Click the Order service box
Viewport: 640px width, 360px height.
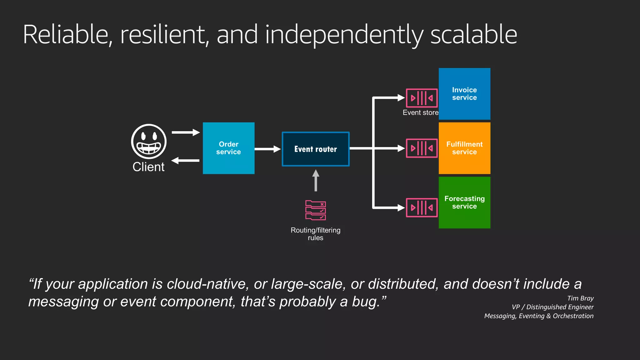228,148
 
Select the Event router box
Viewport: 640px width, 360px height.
316,149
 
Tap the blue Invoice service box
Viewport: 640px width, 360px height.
464,94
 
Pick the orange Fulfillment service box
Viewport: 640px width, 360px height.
464,148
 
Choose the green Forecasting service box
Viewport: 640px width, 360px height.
464,202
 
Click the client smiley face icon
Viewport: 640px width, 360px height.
149,142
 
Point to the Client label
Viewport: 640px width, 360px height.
148,167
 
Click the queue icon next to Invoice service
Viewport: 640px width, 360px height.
422,98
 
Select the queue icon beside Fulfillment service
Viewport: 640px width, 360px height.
422,148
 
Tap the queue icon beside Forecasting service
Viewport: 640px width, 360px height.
422,207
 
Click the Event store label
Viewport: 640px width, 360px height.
420,112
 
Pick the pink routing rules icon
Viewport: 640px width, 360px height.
316,210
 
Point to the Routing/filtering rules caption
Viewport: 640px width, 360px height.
316,234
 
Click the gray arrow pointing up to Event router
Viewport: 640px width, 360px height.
316,181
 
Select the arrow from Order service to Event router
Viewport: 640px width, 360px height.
267,149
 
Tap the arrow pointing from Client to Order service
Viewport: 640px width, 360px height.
186,132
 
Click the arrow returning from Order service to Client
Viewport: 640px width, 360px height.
186,161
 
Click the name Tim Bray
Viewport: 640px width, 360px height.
580,298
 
